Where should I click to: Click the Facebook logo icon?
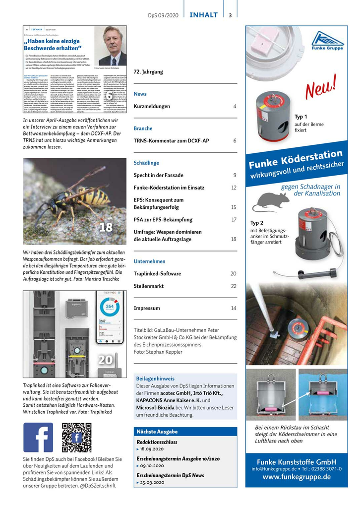click(x=38, y=437)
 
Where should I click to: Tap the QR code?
click(x=76, y=437)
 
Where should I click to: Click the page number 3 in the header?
click(x=230, y=15)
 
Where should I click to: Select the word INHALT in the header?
click(x=203, y=15)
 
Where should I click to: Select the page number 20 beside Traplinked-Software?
click(x=233, y=274)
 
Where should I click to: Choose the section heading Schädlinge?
click(x=146, y=163)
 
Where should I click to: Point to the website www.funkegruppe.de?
click(x=297, y=477)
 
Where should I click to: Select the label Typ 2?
click(x=257, y=223)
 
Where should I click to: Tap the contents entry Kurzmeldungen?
click(x=152, y=107)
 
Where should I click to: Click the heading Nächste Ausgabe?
click(x=157, y=431)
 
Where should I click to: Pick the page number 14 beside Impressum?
click(x=233, y=309)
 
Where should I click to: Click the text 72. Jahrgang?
click(x=148, y=72)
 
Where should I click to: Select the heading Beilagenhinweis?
click(x=155, y=379)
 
